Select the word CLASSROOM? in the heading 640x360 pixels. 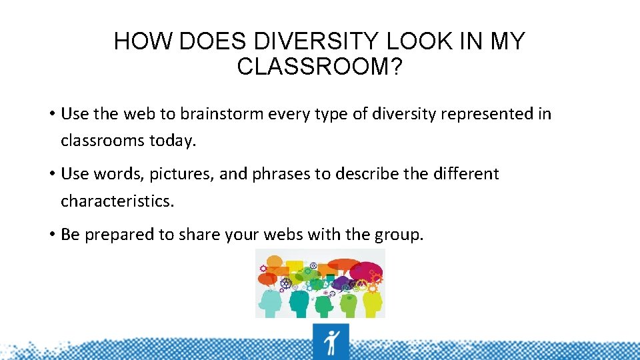(319, 67)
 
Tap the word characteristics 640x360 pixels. (117, 201)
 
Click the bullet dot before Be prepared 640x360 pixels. (51, 234)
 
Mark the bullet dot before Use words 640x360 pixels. (51, 174)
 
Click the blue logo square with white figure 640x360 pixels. (331, 341)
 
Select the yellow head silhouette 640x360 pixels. (372, 303)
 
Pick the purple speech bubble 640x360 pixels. (341, 284)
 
